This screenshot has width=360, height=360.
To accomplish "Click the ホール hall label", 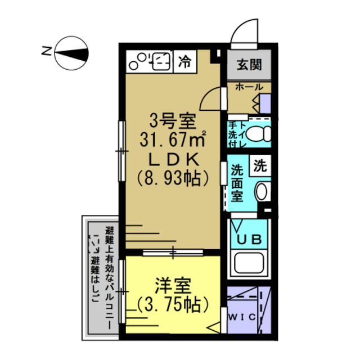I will [248, 87].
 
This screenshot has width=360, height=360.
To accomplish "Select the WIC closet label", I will [242, 317].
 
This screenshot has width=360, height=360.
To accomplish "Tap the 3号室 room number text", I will [172, 119].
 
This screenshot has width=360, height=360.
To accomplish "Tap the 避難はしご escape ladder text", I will [94, 277].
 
